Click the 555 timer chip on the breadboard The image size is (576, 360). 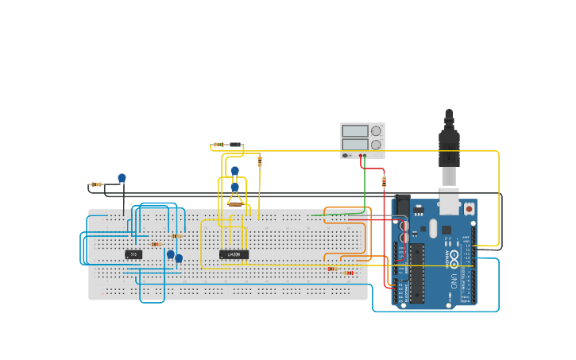133,254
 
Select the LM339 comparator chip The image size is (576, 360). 234,254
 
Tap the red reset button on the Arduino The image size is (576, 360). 469,209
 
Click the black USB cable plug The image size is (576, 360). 449,147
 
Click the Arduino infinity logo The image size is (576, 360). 454,257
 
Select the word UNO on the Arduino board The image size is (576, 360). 454,281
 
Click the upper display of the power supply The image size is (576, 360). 354,130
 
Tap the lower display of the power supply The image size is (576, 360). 354,145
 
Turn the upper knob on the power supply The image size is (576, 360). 376,130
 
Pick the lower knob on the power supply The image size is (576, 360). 376,145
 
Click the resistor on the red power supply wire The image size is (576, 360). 385,182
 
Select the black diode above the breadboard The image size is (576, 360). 235,145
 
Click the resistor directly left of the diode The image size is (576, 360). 218,145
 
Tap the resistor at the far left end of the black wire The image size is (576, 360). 96,184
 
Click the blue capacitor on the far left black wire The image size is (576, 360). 122,178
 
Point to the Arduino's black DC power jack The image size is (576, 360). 403,206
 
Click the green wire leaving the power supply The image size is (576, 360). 365,187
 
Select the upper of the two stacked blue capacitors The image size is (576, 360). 235,171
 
